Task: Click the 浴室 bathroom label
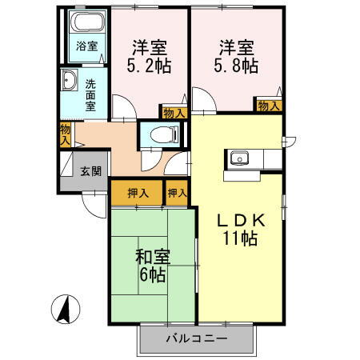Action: click(87, 46)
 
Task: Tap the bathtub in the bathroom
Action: click(87, 22)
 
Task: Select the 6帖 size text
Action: click(152, 275)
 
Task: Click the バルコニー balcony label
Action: click(196, 338)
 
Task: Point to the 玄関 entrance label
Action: click(90, 170)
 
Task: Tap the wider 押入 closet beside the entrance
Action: click(137, 193)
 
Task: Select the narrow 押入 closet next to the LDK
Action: click(177, 193)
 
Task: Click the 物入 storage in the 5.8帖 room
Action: click(269, 105)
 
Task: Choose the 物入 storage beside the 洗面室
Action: click(64, 133)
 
